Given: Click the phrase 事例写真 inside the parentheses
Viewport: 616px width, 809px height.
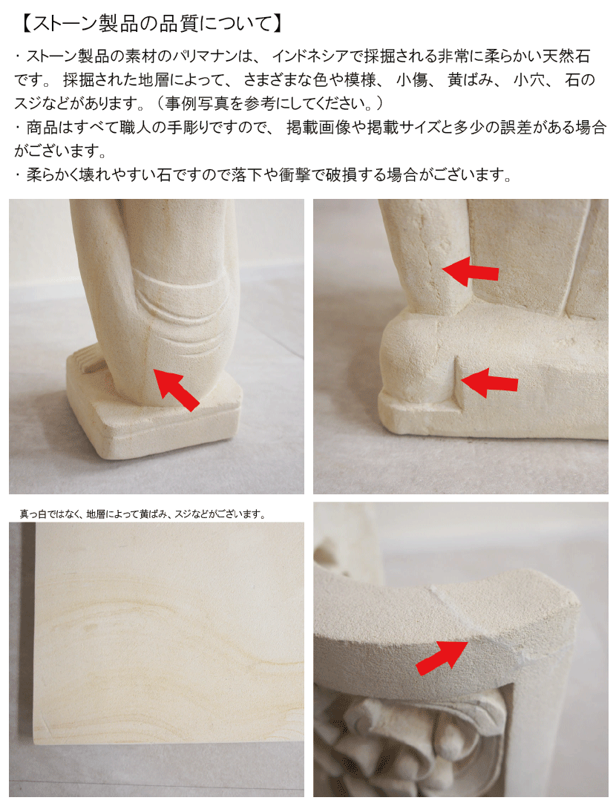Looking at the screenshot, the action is [x=197, y=104].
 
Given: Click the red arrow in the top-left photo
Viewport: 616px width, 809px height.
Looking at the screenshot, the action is [x=177, y=390].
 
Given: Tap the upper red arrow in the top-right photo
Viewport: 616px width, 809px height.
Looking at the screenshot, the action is [x=471, y=271].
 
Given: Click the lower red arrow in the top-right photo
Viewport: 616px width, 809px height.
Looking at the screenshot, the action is [x=489, y=382].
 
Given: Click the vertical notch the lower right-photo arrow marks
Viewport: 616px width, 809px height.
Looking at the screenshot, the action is [x=458, y=384].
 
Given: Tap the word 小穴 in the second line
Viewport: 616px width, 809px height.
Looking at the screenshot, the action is [x=529, y=80].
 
